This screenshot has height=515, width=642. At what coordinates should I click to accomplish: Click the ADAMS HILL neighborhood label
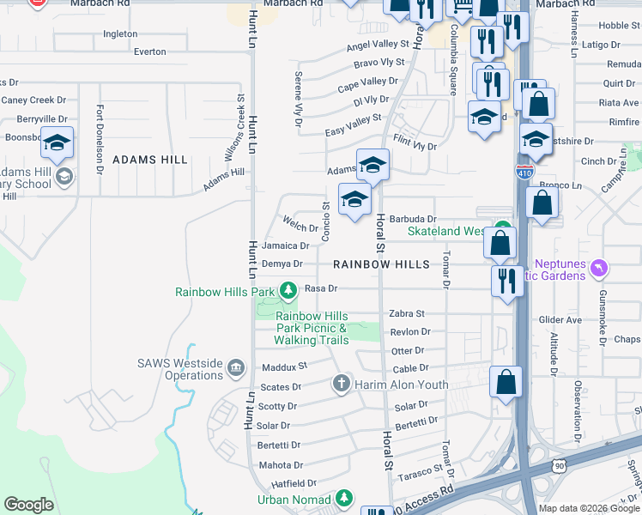point(149,160)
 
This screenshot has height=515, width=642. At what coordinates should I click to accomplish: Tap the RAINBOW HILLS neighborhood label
point(381,265)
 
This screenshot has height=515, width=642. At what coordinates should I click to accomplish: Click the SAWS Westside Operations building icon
point(236,370)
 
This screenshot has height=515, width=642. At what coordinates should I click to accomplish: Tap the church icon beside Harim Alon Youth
point(342,383)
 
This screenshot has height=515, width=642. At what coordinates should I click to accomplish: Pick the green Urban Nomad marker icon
point(344,498)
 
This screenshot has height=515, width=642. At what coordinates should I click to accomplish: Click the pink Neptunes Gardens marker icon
point(600,269)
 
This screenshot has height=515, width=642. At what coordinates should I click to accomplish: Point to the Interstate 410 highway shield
point(524,172)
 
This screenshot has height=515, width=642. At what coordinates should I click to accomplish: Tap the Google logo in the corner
point(28,505)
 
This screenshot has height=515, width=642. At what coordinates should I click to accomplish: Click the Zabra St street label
point(407,314)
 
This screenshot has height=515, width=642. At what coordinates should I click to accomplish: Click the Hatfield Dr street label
point(289,483)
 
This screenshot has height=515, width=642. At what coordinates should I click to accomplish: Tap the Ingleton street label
point(120,34)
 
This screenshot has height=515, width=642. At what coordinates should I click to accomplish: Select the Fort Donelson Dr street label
point(100,139)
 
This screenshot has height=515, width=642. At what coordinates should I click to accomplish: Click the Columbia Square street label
point(454,48)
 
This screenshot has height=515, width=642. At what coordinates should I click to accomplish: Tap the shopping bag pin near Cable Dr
point(506,381)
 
